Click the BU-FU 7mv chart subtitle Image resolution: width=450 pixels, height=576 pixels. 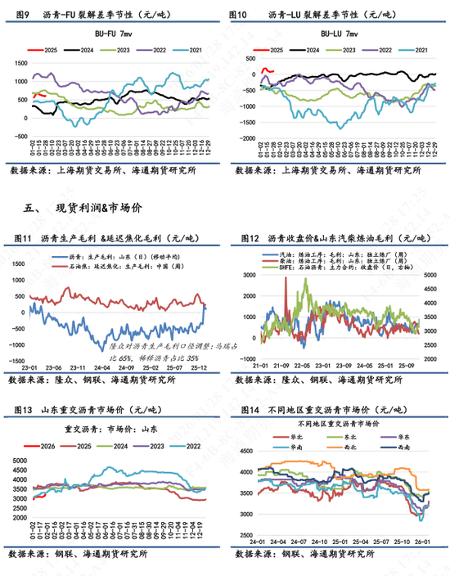tap(119, 34)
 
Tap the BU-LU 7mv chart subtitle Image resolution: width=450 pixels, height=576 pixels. tap(339, 34)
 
